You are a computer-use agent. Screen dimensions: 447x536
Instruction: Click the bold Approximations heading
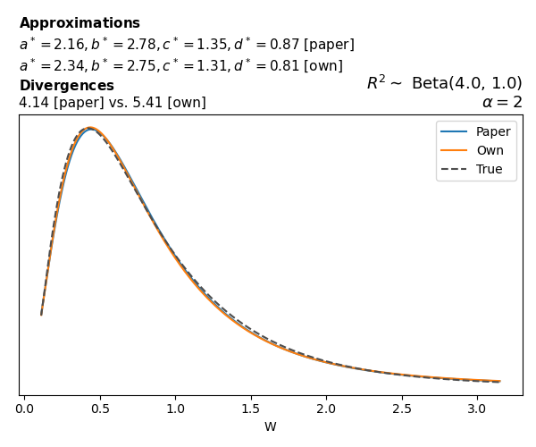point(80,23)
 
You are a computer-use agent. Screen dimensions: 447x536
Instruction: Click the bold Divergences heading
point(67,86)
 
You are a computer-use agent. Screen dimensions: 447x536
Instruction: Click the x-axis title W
point(270,427)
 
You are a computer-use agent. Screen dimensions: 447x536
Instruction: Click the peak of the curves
point(89,128)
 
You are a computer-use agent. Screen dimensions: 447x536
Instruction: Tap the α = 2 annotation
point(502,102)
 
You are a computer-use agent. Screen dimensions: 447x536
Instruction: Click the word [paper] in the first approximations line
point(331,45)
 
